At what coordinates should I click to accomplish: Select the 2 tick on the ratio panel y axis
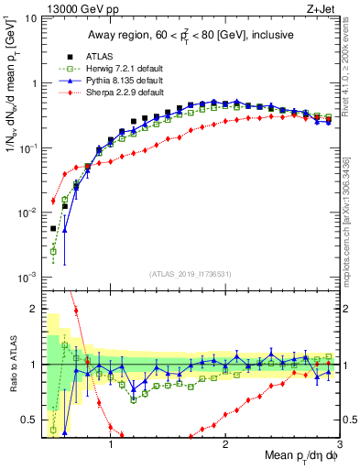tap(32, 309)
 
